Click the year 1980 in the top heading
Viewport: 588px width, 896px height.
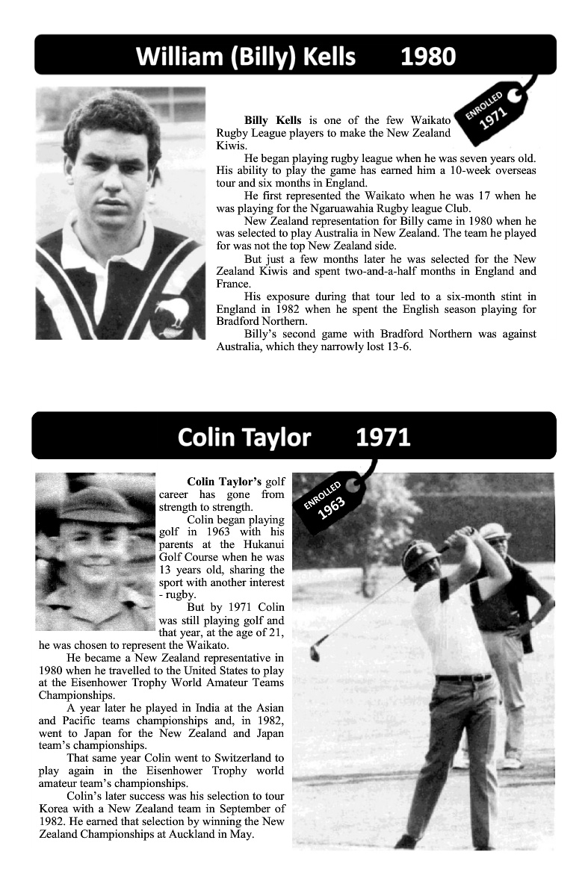[428, 56]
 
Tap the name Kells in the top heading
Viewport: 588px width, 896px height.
[319, 56]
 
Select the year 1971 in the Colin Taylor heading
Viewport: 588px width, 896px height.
[383, 437]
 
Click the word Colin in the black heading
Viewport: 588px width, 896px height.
[206, 437]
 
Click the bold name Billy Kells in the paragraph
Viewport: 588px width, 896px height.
[273, 120]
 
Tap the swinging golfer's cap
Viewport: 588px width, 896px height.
[420, 553]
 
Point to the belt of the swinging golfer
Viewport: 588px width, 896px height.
[463, 677]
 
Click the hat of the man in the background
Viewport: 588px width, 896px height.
[494, 532]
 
